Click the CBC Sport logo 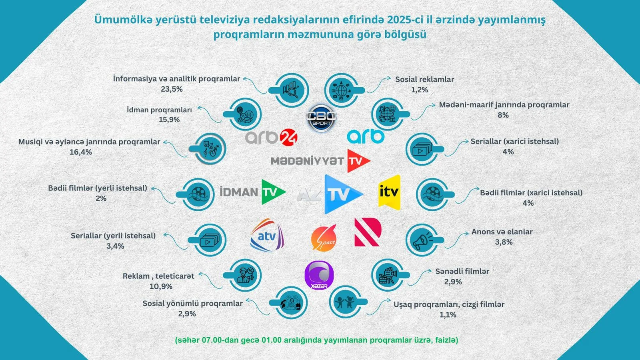coord(321,118)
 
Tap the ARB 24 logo coord(271,137)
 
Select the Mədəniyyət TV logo coord(320,161)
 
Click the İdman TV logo coord(253,192)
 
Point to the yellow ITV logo coord(389,192)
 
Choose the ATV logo coord(267,235)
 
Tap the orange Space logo coord(324,238)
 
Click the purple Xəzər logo coord(319,275)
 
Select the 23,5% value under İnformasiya coord(172,89)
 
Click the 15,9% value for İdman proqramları coord(169,120)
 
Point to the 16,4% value coord(81,152)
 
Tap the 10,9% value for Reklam coord(161,286)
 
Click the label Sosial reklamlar coord(424,79)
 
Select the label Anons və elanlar coord(502,232)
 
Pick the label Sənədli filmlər coord(462,271)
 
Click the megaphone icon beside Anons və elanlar coord(422,240)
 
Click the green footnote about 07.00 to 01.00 coord(316,340)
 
